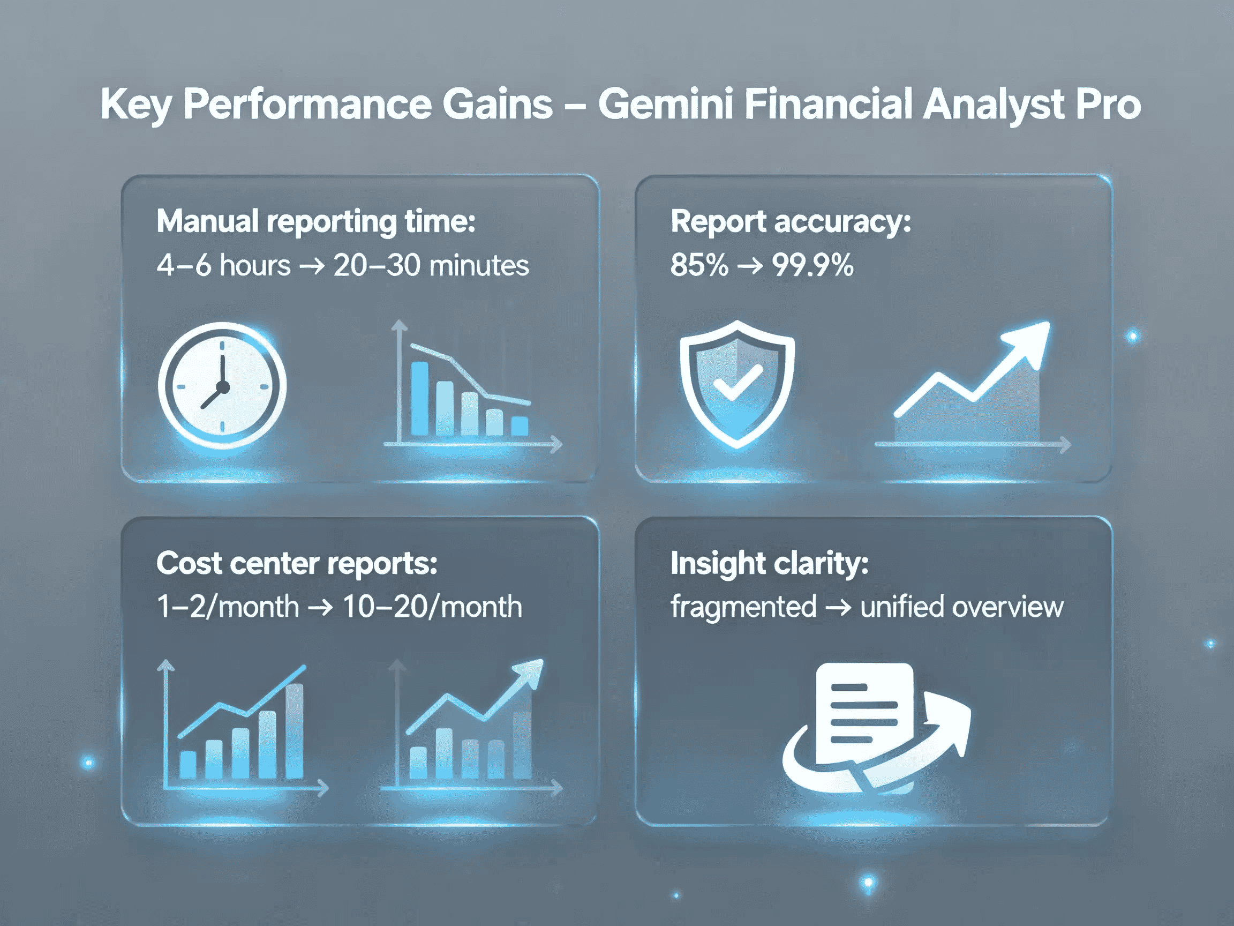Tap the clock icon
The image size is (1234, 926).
(222, 385)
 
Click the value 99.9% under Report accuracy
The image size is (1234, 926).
(812, 265)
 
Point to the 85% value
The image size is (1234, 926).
(699, 265)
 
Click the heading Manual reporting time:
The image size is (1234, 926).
(316, 222)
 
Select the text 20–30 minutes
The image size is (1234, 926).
(431, 265)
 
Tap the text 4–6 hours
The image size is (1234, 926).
(223, 265)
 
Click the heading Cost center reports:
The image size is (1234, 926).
(297, 563)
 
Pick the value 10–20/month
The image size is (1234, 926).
(432, 606)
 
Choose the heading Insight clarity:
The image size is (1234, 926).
(769, 563)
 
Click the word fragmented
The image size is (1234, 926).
(743, 606)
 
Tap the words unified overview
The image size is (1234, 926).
(962, 606)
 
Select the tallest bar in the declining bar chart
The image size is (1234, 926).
(419, 398)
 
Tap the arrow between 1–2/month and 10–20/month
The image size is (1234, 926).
(320, 607)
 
